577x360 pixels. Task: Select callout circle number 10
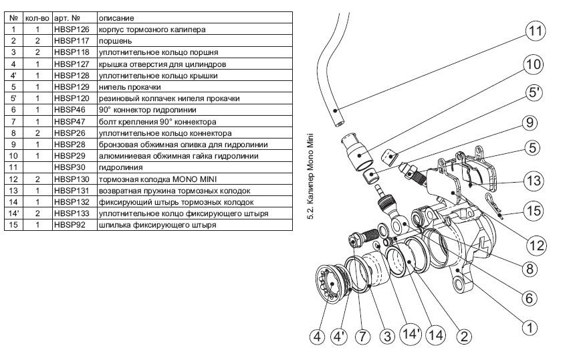pyautogui.click(x=534, y=66)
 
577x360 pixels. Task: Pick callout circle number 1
pyautogui.click(x=529, y=328)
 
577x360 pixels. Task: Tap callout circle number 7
pyautogui.click(x=362, y=337)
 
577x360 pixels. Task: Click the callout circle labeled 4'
pyautogui.click(x=340, y=337)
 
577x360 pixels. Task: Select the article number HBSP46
pyautogui.click(x=70, y=108)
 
